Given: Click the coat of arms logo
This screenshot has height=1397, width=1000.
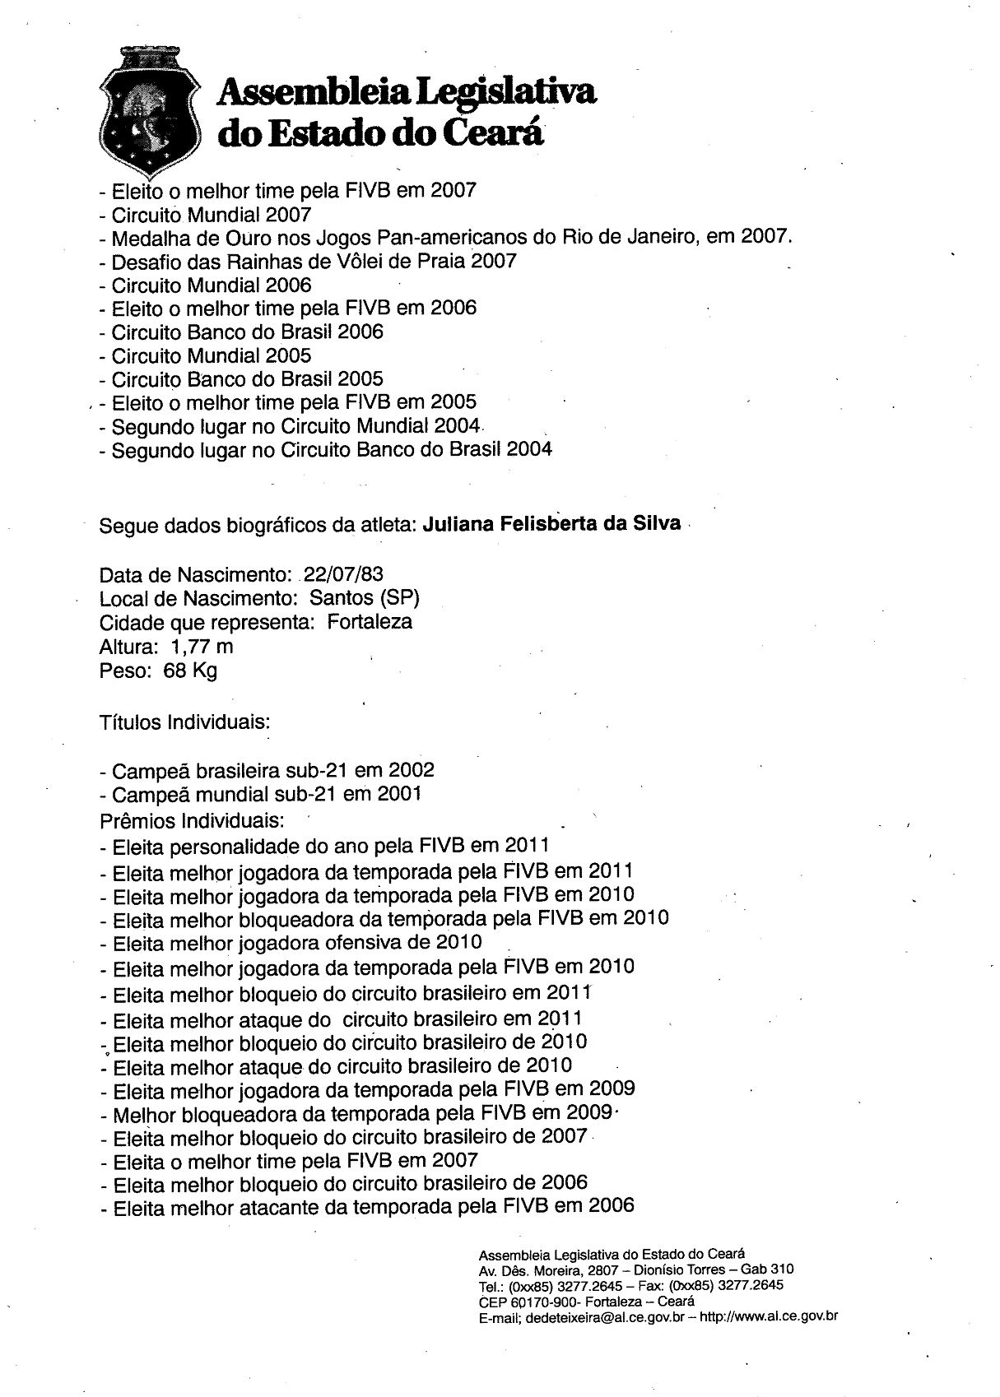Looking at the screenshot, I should [148, 114].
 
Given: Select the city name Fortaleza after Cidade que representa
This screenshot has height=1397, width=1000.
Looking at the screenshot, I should [370, 621].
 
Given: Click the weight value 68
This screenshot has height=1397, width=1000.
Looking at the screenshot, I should [175, 670].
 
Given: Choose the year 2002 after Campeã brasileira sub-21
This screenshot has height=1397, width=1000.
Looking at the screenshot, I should [412, 771].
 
